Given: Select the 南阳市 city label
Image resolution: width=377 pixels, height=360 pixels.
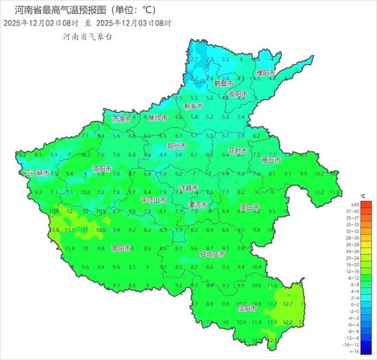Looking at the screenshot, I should (x=103, y=248).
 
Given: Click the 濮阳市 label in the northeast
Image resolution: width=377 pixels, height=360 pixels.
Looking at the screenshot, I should (x=266, y=73).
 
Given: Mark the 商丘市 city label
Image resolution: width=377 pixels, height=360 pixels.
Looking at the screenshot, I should (x=271, y=160).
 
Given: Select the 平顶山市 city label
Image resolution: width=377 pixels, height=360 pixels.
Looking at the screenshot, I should (x=153, y=200).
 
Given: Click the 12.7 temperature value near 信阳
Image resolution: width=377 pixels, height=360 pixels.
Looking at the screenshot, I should (x=287, y=304).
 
